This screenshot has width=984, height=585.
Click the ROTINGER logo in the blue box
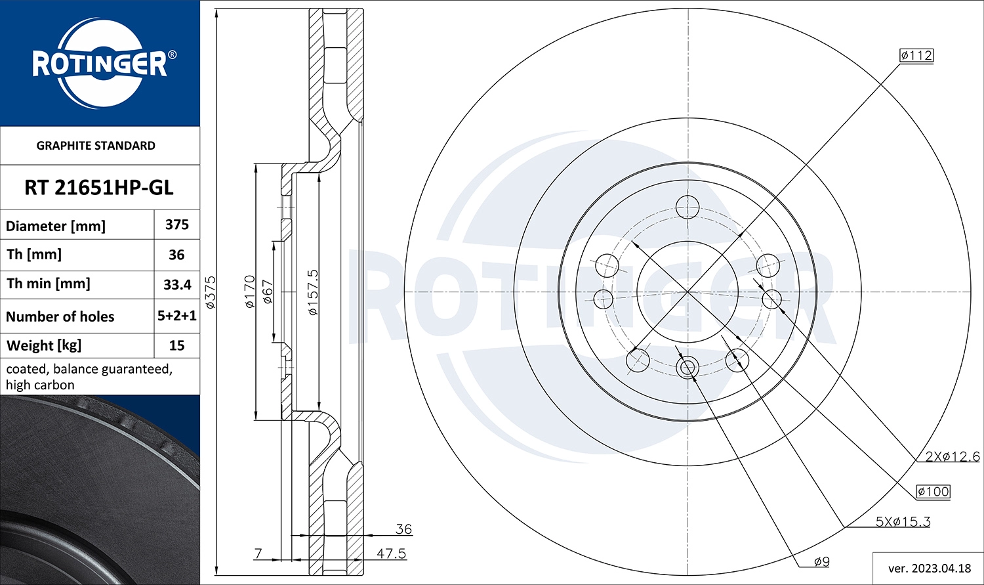100,64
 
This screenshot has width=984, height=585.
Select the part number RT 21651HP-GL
99,188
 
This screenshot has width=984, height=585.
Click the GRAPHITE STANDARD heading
96,146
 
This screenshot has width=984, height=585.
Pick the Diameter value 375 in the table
177,225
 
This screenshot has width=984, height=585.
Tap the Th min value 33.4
177,284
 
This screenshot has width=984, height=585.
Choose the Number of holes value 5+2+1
177,316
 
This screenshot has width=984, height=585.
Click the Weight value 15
177,345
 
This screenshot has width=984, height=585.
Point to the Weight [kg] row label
44,345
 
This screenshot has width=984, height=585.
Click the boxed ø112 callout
916,56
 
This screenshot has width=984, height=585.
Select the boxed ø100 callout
933,491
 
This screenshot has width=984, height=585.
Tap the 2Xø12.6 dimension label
953,456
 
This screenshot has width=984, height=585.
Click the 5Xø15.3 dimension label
903,522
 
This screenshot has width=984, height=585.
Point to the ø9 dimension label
821,561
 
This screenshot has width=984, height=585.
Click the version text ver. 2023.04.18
929,568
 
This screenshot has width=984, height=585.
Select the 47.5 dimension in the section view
391,553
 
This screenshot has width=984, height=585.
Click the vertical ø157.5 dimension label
313,292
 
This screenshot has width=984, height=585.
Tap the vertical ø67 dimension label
268,292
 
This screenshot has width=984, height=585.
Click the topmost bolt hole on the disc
687,207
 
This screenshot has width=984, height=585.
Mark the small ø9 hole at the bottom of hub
687,367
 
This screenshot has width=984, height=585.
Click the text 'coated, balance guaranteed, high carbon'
89,377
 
